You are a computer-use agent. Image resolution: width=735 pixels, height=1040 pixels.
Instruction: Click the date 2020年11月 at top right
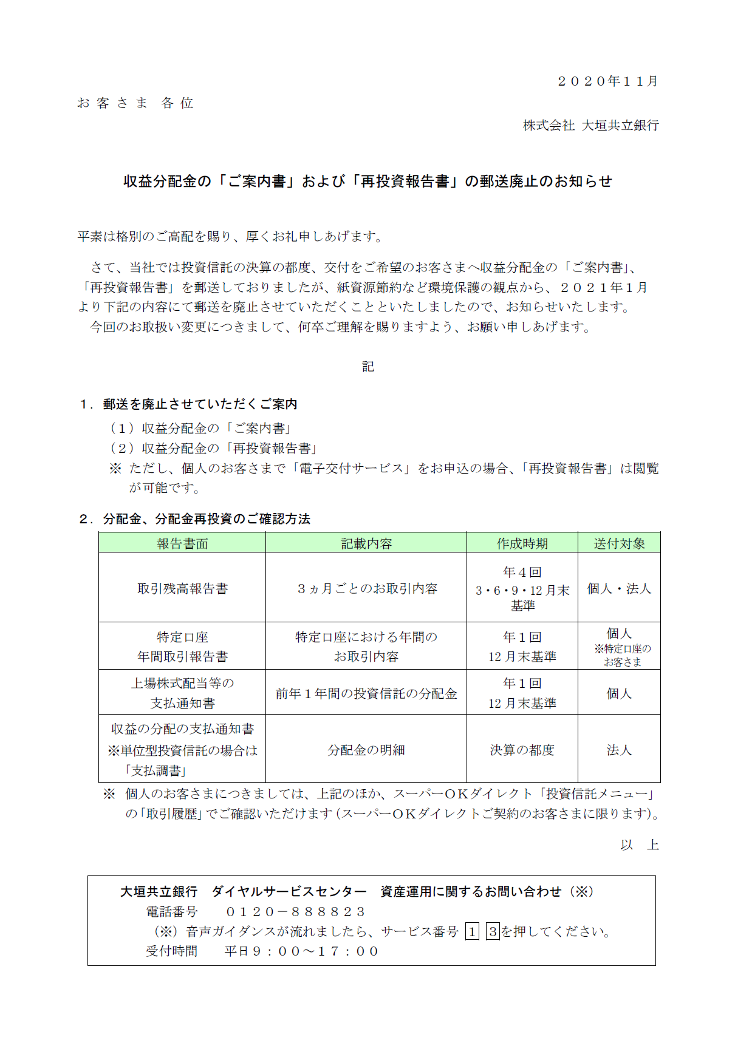[607, 81]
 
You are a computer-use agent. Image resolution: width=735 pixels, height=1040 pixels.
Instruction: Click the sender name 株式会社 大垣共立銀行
[590, 126]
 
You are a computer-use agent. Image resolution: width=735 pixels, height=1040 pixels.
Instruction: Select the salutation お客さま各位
[135, 103]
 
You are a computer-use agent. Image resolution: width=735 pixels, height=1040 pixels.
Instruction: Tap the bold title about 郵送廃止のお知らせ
[367, 182]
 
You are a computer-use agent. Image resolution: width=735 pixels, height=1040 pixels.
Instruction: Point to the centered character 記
[368, 367]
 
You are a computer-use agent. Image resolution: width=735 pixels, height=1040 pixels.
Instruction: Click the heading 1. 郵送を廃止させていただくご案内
[188, 404]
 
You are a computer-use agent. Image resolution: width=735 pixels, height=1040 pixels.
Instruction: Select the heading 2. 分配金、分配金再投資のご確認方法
[195, 519]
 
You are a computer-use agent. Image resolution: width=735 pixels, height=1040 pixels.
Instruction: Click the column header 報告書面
[182, 543]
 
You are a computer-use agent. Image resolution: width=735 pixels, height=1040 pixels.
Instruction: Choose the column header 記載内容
[366, 543]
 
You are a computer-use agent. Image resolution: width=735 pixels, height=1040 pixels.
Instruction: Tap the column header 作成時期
[522, 543]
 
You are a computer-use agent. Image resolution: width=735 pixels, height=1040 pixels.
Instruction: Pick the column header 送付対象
[619, 543]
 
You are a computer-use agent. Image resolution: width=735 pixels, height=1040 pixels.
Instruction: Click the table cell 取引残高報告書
[182, 588]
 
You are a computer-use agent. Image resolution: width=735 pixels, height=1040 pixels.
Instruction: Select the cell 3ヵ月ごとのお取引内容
[366, 588]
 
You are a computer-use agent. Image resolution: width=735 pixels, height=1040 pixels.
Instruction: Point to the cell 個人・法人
[619, 588]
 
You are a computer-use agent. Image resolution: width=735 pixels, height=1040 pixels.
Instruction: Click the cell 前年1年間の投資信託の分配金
[366, 693]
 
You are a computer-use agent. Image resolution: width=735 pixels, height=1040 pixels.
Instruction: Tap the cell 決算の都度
[522, 750]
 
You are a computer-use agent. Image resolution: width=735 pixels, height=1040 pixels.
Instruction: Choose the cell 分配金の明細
[366, 750]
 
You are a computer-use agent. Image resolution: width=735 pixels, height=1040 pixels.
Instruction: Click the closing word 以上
[640, 845]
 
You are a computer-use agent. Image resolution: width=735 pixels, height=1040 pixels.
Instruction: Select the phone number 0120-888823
[295, 912]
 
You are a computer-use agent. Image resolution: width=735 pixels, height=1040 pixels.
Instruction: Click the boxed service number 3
[493, 931]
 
